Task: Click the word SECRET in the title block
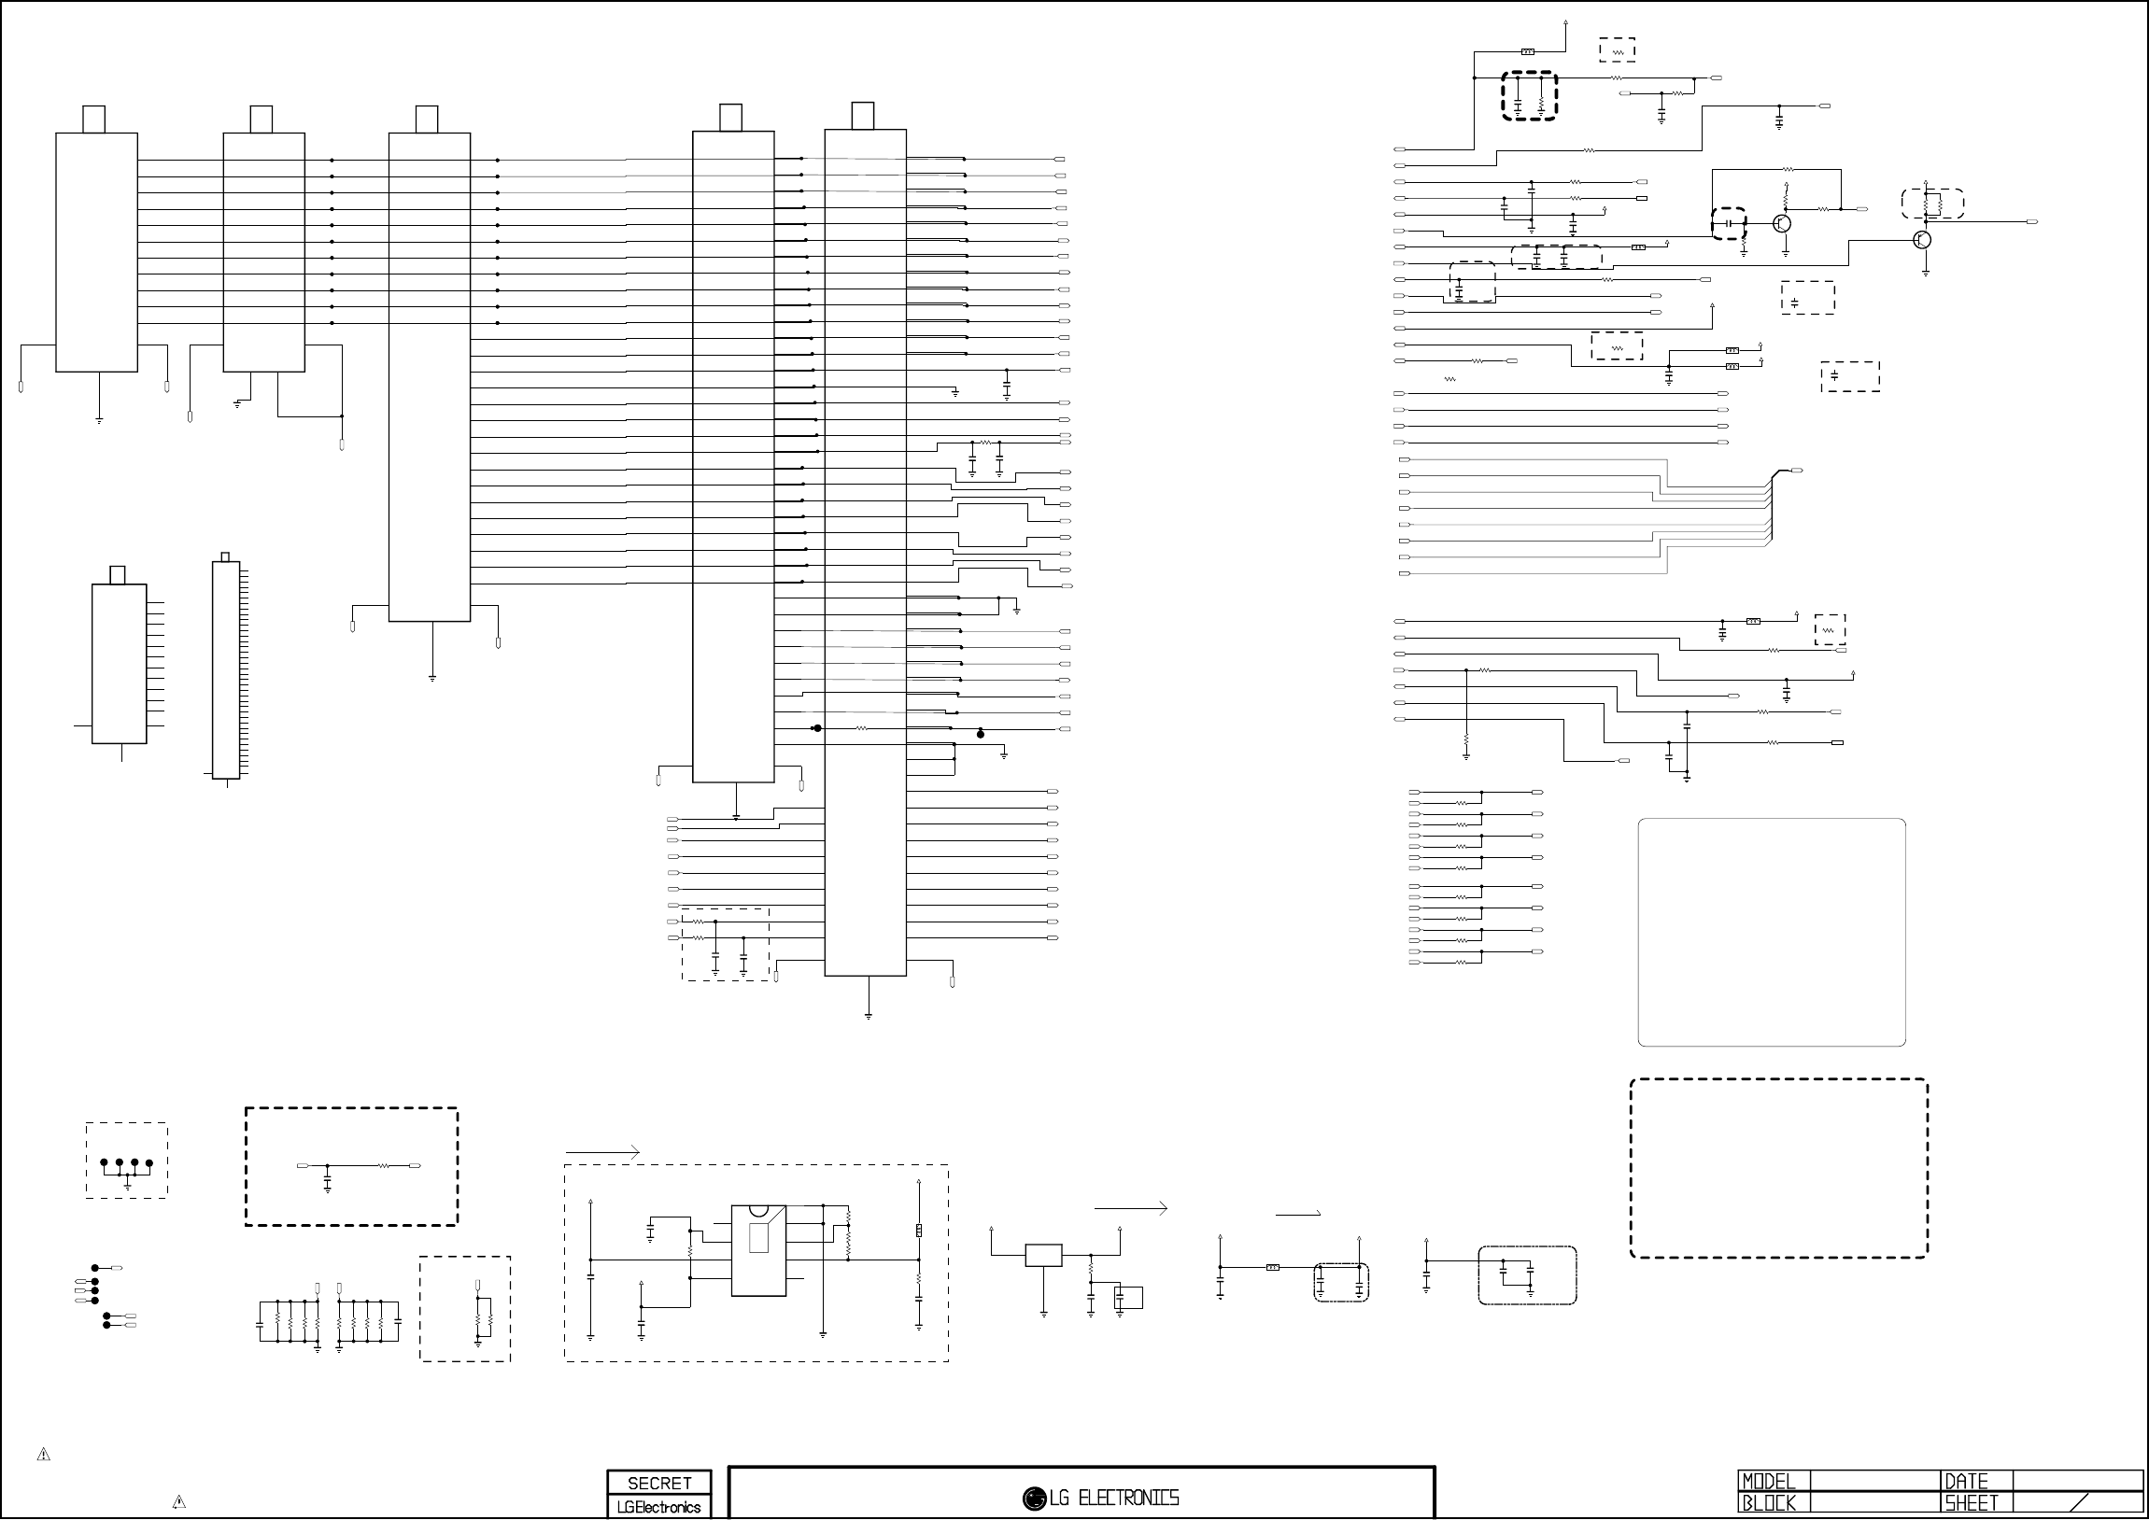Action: click(x=659, y=1483)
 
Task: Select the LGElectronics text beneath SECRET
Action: click(x=659, y=1507)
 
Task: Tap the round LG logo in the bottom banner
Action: click(x=1033, y=1499)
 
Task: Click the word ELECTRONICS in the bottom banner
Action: click(x=1128, y=1499)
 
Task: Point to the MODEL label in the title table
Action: click(x=1768, y=1482)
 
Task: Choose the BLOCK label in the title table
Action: click(x=1768, y=1504)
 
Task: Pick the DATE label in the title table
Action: click(x=1966, y=1482)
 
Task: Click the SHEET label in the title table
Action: click(x=1972, y=1504)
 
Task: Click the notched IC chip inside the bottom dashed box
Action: click(x=758, y=1250)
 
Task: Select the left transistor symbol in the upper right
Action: click(x=1782, y=224)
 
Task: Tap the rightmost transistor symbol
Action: click(x=1921, y=240)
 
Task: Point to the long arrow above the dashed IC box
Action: click(x=602, y=1152)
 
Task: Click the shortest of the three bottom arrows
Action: click(x=1298, y=1214)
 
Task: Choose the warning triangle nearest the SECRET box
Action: click(x=178, y=1503)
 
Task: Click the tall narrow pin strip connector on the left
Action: click(x=226, y=669)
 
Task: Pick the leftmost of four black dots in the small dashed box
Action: click(x=104, y=1163)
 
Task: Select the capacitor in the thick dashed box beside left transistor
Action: click(x=1731, y=224)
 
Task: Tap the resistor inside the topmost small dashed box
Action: click(x=1618, y=50)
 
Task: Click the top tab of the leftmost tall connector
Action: click(x=93, y=120)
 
